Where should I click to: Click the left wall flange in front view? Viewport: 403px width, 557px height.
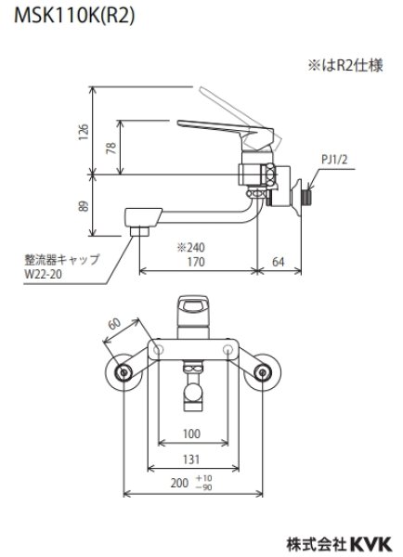[x=123, y=373]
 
